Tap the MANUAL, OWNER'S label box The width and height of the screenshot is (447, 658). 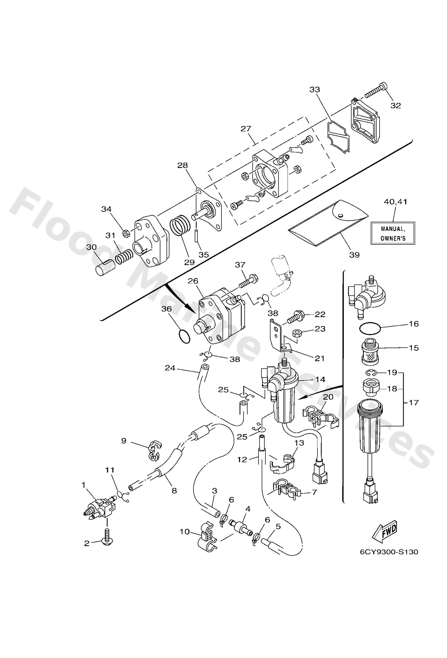point(393,233)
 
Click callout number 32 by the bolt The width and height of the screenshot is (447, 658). point(396,106)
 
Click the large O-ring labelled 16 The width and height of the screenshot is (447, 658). point(369,329)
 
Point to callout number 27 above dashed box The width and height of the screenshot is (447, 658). point(246,129)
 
